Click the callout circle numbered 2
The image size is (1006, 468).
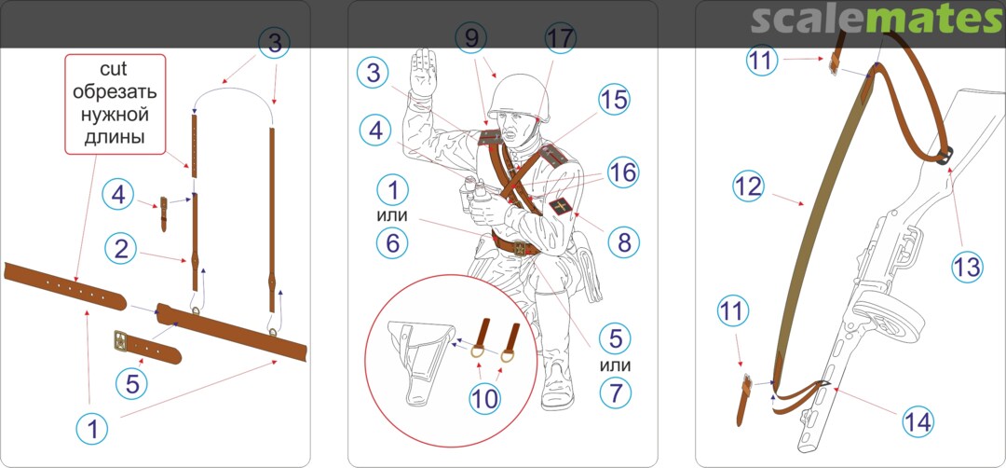121,248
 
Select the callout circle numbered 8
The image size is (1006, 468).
624,241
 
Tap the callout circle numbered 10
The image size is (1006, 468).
484,398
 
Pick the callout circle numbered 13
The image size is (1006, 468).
967,266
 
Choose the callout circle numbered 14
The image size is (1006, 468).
918,421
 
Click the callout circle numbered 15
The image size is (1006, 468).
615,100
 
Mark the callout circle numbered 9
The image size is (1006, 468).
472,38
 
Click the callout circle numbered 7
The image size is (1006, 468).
616,392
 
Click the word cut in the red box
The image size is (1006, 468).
116,69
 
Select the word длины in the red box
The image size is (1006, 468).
116,137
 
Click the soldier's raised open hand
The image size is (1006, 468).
423,73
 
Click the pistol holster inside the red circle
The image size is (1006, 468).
420,364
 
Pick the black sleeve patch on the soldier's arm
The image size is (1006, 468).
562,209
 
